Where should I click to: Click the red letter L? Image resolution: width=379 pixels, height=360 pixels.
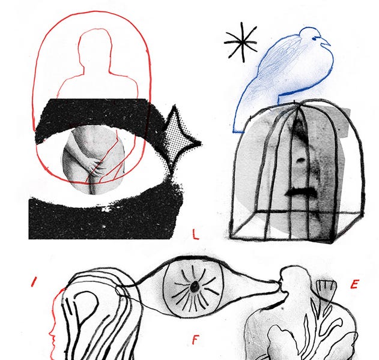tap(195, 234)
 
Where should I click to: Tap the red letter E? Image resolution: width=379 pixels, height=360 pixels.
tap(354, 284)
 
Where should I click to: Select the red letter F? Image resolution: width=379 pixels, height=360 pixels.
tap(195, 340)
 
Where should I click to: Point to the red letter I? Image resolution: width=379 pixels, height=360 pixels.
tap(34, 282)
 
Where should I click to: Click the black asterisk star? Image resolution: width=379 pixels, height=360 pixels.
tap(241, 42)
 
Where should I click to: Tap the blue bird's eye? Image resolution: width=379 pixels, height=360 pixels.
tap(314, 38)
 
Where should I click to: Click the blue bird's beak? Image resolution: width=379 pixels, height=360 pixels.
tap(326, 42)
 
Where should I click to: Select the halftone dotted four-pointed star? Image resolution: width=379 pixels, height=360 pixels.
tap(180, 140)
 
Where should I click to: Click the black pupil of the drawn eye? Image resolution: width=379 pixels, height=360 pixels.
tap(194, 287)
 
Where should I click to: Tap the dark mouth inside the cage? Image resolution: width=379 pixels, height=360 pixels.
tap(302, 192)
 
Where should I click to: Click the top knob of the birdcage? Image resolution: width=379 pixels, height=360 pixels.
tap(294, 102)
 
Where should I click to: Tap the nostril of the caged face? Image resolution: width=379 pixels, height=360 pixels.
tap(301, 160)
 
